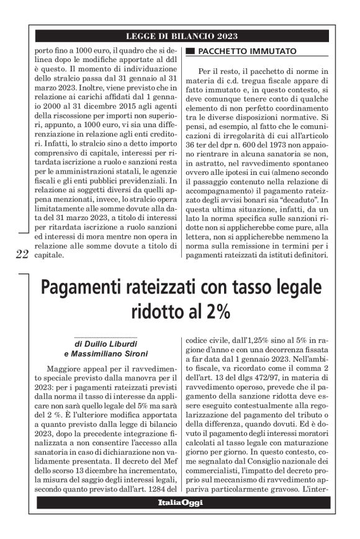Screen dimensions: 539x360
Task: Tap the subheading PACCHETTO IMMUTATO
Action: pyautogui.click(x=246, y=51)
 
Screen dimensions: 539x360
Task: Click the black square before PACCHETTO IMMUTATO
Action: pyautogui.click(x=191, y=51)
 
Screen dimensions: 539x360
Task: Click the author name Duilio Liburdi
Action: pyautogui.click(x=114, y=343)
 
